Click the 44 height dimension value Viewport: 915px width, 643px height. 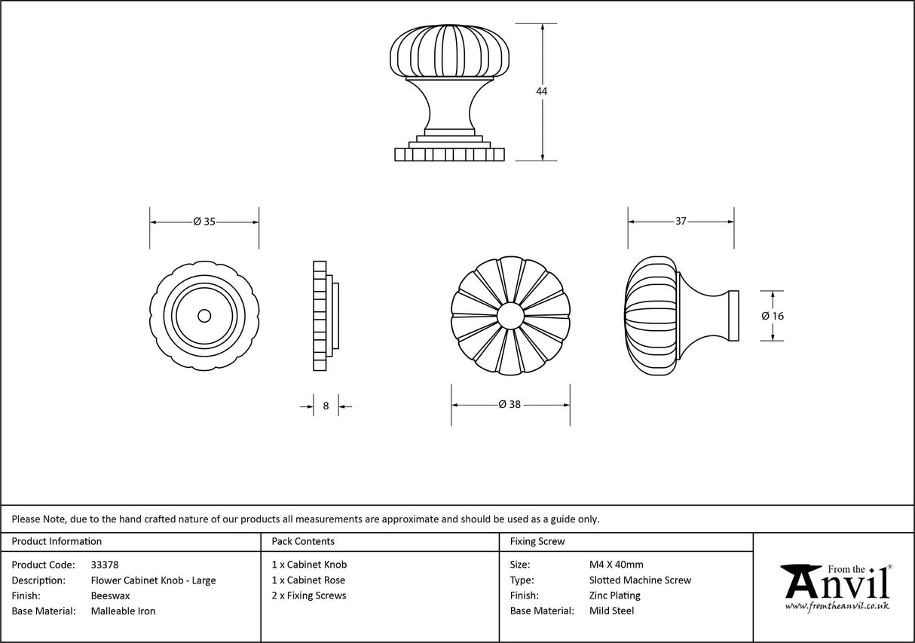coord(541,91)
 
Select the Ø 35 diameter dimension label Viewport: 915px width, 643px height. coord(204,222)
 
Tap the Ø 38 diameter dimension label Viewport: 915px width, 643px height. coord(510,404)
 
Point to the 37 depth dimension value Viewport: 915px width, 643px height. coord(681,222)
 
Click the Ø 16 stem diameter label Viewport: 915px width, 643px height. coord(773,316)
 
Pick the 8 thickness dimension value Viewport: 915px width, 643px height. coord(326,406)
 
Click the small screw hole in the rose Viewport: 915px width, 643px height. coord(204,315)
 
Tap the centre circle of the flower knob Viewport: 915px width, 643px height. coord(510,315)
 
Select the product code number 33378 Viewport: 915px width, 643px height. coord(105,565)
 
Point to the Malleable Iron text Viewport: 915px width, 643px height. coord(123,611)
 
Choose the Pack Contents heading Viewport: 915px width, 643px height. coord(303,541)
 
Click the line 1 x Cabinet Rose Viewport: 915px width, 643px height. coord(308,580)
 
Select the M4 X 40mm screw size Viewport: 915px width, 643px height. coord(616,565)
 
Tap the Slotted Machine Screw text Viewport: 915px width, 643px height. coord(640,580)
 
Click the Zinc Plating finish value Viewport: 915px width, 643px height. coord(614,596)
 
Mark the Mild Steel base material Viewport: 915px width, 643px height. coord(611,611)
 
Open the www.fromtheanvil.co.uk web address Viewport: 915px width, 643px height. coord(837,605)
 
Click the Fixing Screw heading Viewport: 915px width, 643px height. coord(537,541)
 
